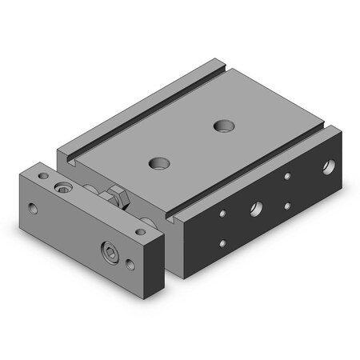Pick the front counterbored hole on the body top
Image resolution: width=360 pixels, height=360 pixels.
point(160,162)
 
